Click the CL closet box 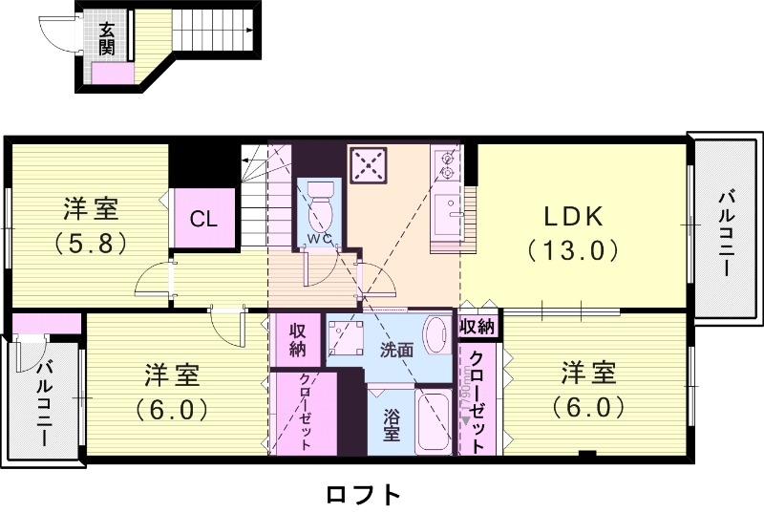click(x=203, y=218)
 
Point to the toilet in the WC click(x=320, y=201)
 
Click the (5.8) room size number click(x=91, y=242)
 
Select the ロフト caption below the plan click(x=362, y=494)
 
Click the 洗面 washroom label click(x=396, y=350)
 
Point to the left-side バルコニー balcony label click(x=44, y=405)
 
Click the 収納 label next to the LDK click(x=477, y=326)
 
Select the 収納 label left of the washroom click(x=297, y=339)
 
